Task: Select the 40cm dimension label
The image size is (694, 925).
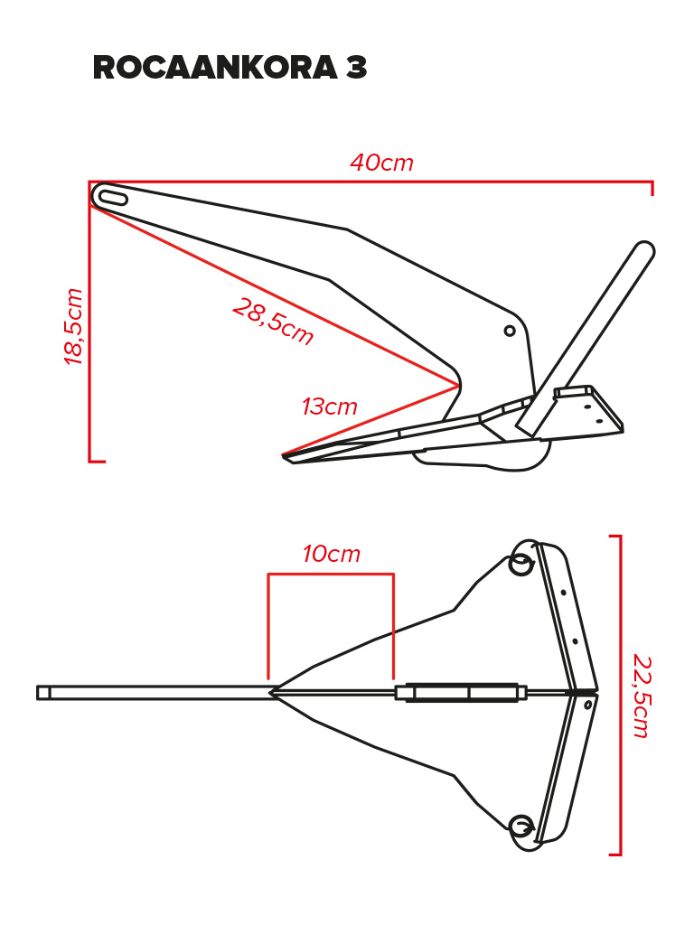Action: [382, 163]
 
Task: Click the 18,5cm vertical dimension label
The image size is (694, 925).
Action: [74, 326]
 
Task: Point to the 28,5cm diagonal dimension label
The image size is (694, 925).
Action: [273, 322]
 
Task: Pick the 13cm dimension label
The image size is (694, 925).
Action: [330, 406]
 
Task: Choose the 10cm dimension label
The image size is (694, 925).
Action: [331, 554]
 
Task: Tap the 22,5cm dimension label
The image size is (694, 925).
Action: [641, 696]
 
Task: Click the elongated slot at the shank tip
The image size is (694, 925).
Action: [110, 197]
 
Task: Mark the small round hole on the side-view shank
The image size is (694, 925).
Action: [510, 331]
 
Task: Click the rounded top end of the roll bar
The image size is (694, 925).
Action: [644, 249]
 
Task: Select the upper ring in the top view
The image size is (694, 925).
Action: [520, 564]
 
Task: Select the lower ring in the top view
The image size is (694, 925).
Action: [520, 827]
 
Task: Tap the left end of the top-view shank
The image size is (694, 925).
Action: [38, 693]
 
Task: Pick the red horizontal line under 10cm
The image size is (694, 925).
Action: [331, 574]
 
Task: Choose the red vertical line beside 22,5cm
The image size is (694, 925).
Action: [620, 695]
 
